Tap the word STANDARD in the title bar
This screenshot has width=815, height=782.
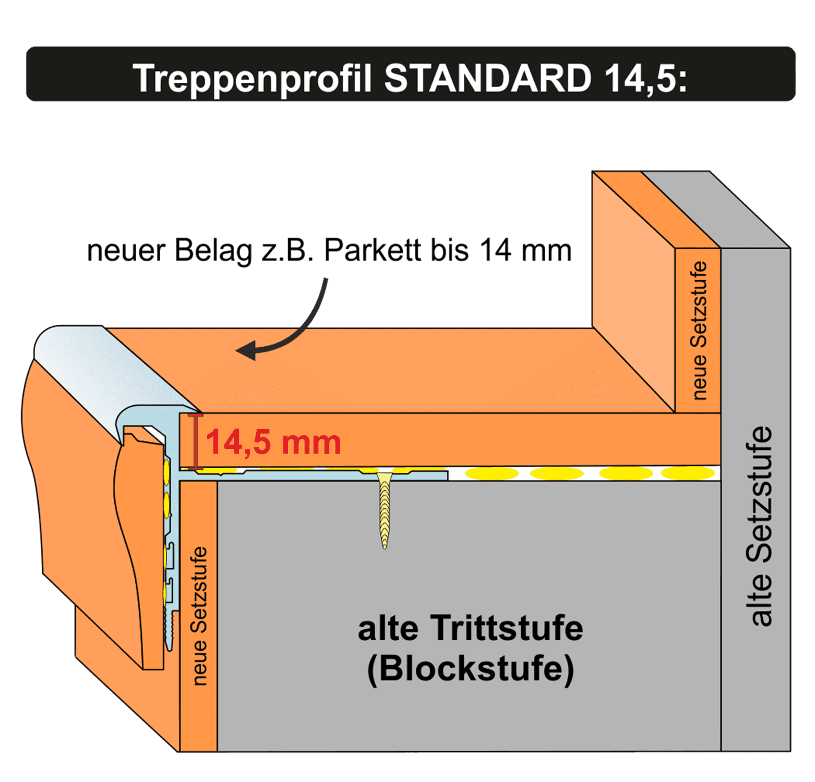pos(488,78)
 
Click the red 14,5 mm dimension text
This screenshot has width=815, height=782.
pos(273,443)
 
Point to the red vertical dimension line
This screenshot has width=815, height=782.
pos(196,442)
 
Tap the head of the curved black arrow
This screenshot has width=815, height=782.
pos(246,350)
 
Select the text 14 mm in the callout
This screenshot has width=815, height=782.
pos(525,251)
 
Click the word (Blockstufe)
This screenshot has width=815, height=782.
pos(471,669)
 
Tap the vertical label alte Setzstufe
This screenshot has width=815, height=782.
pos(759,526)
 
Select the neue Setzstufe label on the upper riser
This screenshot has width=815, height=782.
pos(699,331)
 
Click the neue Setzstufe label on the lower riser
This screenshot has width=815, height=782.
pos(199,616)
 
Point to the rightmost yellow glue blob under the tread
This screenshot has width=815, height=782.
pos(688,473)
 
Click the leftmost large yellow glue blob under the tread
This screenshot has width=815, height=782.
pos(492,473)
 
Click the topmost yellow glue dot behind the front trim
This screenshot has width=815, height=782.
pos(166,469)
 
